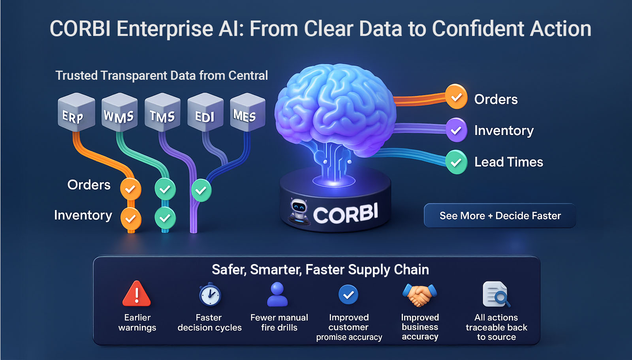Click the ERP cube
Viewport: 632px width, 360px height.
(x=76, y=112)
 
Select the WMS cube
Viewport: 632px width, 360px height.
(x=119, y=112)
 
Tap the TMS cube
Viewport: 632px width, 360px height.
(x=162, y=112)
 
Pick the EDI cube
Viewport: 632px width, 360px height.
(x=205, y=112)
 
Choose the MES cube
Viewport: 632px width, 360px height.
(x=248, y=112)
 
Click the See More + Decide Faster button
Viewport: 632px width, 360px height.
(x=500, y=216)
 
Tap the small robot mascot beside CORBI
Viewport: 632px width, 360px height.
(x=299, y=212)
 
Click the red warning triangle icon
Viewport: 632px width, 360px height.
(x=137, y=294)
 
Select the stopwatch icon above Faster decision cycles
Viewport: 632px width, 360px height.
(x=210, y=294)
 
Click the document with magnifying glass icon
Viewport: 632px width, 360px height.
(x=496, y=294)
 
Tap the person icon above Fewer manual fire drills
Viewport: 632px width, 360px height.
(x=277, y=294)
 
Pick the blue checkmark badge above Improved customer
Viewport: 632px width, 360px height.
(x=348, y=294)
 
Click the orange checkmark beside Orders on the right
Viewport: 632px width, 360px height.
(x=456, y=97)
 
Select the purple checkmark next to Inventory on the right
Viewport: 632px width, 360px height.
(x=456, y=130)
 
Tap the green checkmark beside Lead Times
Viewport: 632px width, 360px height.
(x=456, y=162)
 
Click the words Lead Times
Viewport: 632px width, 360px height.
(x=509, y=162)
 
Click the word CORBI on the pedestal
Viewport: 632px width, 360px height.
(x=346, y=214)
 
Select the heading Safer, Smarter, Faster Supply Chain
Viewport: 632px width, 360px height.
(x=320, y=270)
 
